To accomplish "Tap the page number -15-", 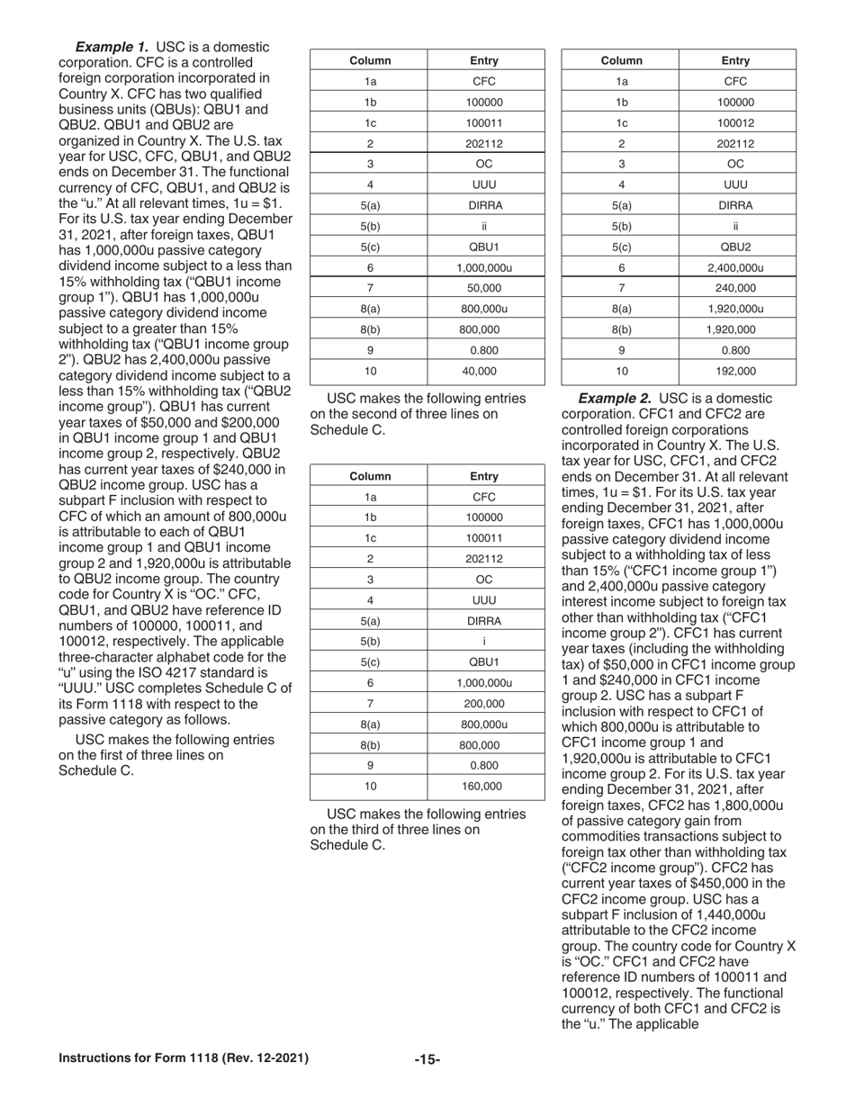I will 427,1059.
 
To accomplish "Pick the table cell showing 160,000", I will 484,786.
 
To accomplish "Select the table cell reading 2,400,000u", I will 735,267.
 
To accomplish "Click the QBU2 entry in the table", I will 735,247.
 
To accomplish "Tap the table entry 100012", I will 735,122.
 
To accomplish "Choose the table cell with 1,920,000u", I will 735,309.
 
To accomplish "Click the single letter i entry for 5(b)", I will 484,640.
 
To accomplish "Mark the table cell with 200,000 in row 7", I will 484,703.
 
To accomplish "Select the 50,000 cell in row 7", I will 484,288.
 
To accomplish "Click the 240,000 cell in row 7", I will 735,288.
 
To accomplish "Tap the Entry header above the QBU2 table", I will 735,60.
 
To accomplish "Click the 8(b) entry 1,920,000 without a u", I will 735,329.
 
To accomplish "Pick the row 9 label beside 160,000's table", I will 370,765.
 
